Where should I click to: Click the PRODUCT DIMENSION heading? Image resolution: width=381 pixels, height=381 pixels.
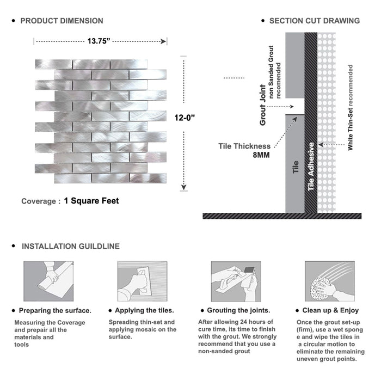pyautogui.click(x=62, y=21)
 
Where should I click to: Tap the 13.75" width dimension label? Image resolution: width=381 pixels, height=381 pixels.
pyautogui.click(x=99, y=40)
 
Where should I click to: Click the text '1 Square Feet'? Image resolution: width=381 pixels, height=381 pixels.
pyautogui.click(x=91, y=201)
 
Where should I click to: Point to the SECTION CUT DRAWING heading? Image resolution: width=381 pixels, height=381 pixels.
pyautogui.click(x=314, y=21)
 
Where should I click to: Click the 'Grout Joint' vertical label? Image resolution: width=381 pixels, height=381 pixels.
pyautogui.click(x=263, y=105)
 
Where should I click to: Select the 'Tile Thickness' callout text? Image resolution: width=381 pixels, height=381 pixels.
pyautogui.click(x=244, y=146)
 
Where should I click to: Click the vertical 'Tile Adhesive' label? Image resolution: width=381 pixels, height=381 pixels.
pyautogui.click(x=311, y=167)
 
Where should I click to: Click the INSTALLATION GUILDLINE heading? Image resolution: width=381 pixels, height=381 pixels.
pyautogui.click(x=70, y=246)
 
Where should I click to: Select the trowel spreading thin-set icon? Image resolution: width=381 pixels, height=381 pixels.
pyautogui.click(x=142, y=281)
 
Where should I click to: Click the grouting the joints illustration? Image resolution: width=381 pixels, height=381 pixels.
pyautogui.click(x=235, y=281)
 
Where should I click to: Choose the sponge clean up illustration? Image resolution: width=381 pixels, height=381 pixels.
pyautogui.click(x=329, y=281)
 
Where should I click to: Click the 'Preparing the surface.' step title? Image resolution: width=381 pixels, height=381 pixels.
pyautogui.click(x=55, y=311)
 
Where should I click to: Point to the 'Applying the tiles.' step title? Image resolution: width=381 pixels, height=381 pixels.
pyautogui.click(x=144, y=311)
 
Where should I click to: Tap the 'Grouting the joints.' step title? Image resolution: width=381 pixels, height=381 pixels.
pyautogui.click(x=238, y=311)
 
